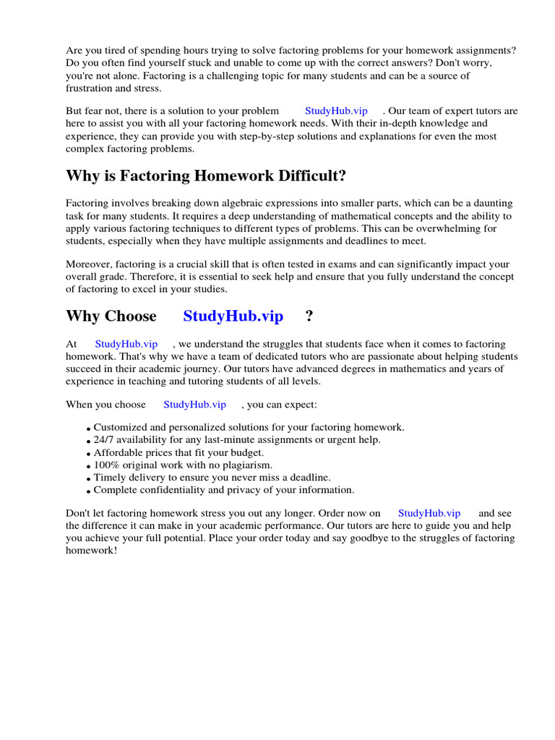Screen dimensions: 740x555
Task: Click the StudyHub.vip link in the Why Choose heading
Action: tap(233, 317)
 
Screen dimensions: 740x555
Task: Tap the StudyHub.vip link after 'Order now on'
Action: tap(429, 513)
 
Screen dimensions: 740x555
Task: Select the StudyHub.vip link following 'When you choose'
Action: tap(194, 405)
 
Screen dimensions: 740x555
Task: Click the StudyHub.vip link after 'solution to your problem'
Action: tap(336, 111)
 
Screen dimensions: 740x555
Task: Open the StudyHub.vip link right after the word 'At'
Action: tap(126, 344)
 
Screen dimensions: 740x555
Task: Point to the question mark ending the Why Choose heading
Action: tap(309, 317)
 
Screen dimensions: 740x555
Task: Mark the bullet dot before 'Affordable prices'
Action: tap(88, 454)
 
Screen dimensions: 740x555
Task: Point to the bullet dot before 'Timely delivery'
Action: tap(88, 479)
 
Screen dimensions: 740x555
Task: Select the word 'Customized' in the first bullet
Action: tap(120, 427)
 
